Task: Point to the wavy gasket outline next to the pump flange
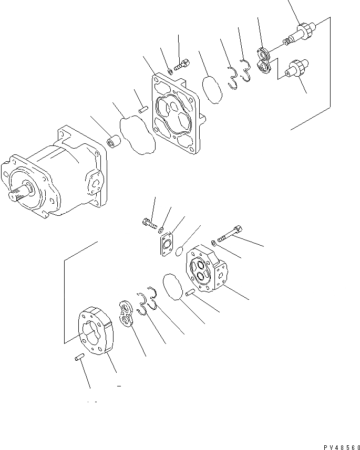pos(137,135)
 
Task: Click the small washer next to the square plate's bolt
pos(170,72)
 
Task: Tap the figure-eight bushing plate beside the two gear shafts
pos(263,59)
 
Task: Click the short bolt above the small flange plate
pos(149,224)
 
